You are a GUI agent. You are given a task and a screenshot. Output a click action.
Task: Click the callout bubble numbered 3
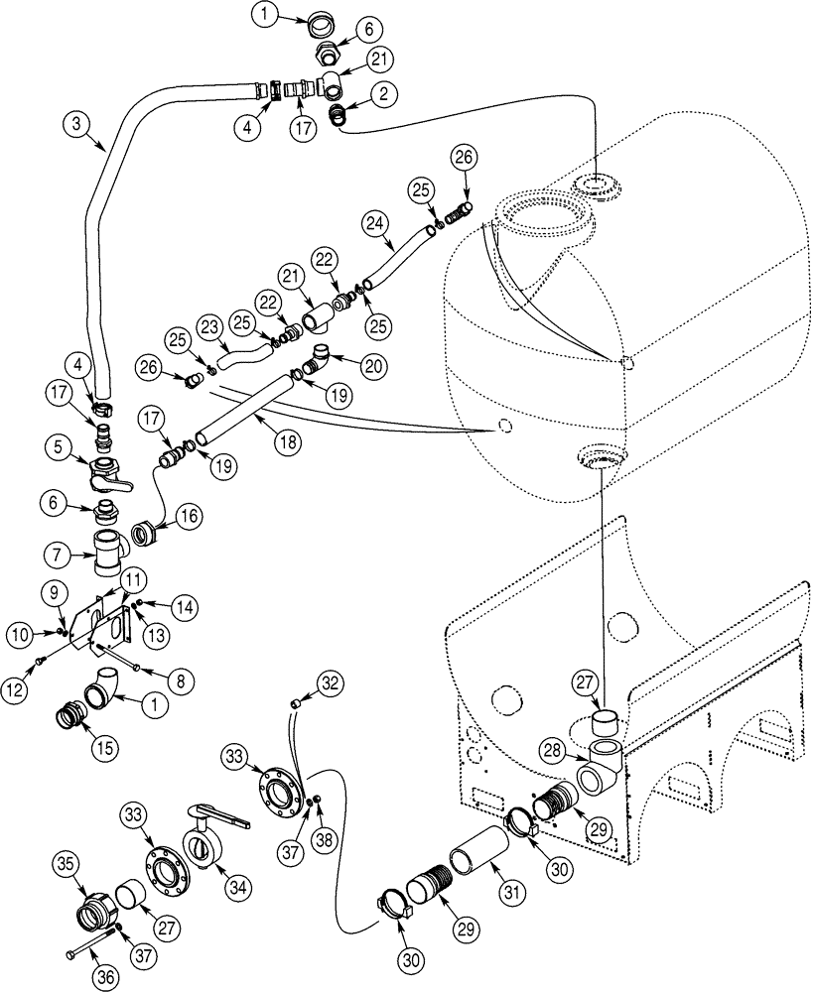76,125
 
